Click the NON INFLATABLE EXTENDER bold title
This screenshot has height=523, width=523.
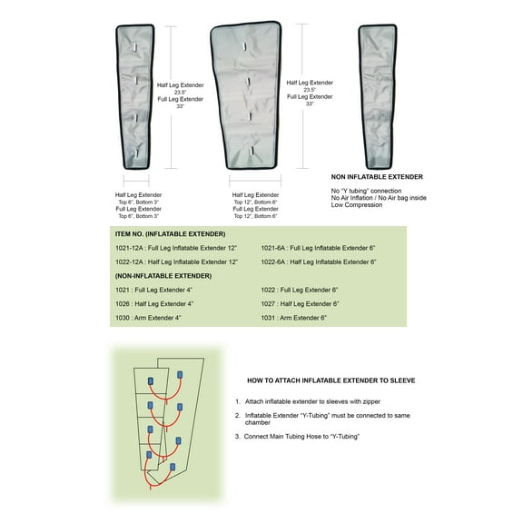[378, 176]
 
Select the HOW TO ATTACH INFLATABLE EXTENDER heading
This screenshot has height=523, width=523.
[331, 380]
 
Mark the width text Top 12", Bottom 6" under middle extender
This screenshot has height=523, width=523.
[255, 202]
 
